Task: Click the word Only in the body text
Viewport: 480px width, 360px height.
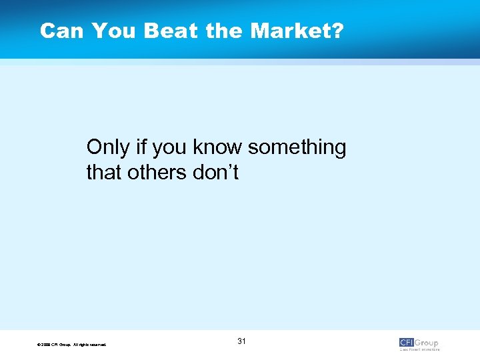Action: (107, 147)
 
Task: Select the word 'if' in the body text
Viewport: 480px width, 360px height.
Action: (139, 147)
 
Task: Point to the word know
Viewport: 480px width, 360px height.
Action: (220, 147)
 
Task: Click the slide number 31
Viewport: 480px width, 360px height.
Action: (241, 341)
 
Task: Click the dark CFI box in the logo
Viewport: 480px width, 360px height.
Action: (407, 343)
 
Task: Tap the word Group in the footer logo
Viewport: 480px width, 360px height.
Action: (427, 343)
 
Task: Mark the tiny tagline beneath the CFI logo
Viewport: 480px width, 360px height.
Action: (419, 349)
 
